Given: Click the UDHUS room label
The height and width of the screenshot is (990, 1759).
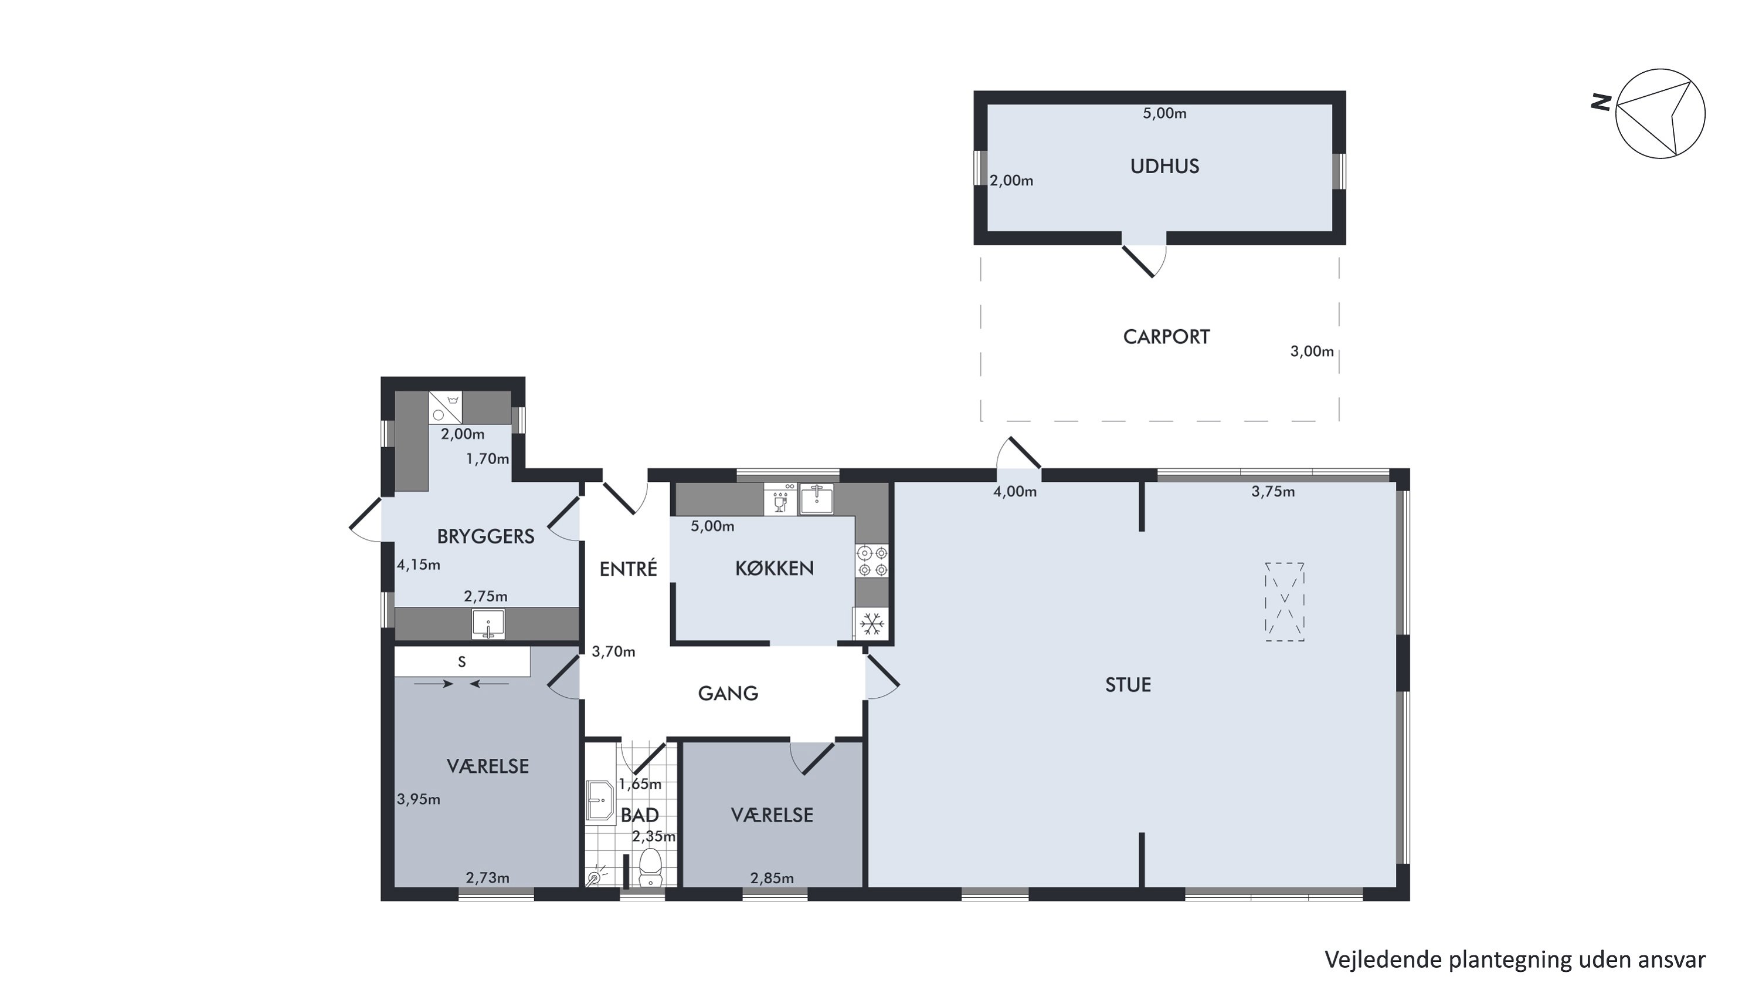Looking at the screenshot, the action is coord(1164,166).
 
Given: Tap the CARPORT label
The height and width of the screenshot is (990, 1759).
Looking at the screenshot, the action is coord(1166,337).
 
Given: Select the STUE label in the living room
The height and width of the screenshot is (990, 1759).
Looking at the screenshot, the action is coord(1128,685).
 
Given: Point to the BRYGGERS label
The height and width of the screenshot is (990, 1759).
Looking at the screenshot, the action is coord(485,536).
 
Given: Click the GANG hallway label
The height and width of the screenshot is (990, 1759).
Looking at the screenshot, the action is coord(728,694).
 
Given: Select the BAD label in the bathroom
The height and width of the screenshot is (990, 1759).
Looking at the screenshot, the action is coord(639,815).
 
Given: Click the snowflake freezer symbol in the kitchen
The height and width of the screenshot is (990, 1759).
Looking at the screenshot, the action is coord(872,624).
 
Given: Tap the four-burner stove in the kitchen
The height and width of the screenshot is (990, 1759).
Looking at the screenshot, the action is coord(872,560).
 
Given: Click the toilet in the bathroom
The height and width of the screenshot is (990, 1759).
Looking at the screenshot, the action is coord(650,866).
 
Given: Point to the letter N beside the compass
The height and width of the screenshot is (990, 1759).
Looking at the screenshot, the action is coord(1601,103).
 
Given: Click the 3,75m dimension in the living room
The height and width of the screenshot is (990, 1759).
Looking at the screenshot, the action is coord(1273,491).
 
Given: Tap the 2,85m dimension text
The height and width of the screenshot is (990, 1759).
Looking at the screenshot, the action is coord(772,878).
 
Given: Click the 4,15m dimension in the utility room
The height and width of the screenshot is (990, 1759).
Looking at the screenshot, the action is coord(419,565).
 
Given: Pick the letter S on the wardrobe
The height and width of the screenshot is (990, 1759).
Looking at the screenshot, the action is coord(462,661).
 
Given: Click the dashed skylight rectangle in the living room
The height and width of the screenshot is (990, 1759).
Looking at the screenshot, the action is coord(1285,602).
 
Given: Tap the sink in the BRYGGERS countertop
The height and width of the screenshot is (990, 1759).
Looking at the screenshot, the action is coord(488,624).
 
